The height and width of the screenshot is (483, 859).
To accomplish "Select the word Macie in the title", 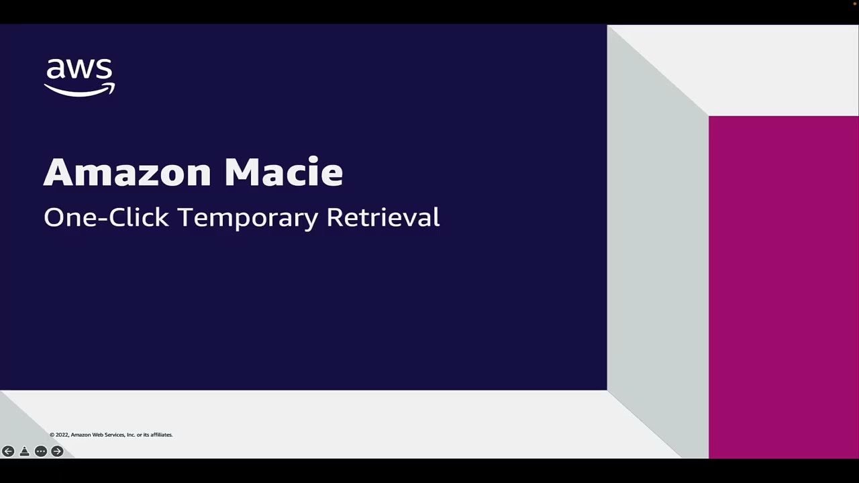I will pyautogui.click(x=283, y=172).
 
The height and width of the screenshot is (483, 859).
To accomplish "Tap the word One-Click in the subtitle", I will pyautogui.click(x=106, y=217).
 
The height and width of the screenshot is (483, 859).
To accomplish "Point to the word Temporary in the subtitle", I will pyautogui.click(x=248, y=218).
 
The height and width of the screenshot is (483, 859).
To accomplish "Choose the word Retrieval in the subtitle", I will pyautogui.click(x=383, y=217).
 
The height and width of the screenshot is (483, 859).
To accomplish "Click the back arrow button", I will pyautogui.click(x=8, y=451).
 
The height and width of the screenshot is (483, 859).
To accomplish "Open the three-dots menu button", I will pyautogui.click(x=41, y=451).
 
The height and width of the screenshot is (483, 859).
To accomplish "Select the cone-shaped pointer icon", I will pyautogui.click(x=24, y=451).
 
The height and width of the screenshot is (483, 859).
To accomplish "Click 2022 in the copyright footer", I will pyautogui.click(x=62, y=435).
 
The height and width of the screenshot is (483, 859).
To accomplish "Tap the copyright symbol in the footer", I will pyautogui.click(x=52, y=435).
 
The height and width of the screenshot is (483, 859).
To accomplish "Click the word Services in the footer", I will pyautogui.click(x=115, y=435).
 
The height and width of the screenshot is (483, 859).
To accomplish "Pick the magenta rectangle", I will pyautogui.click(x=783, y=286).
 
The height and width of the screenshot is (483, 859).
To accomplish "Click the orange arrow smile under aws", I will pyautogui.click(x=79, y=91).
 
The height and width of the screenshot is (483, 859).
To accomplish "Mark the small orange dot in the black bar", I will pyautogui.click(x=855, y=3).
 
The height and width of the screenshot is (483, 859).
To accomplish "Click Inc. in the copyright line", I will pyautogui.click(x=131, y=435).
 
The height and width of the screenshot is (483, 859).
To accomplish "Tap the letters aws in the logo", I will pyautogui.click(x=79, y=69).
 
